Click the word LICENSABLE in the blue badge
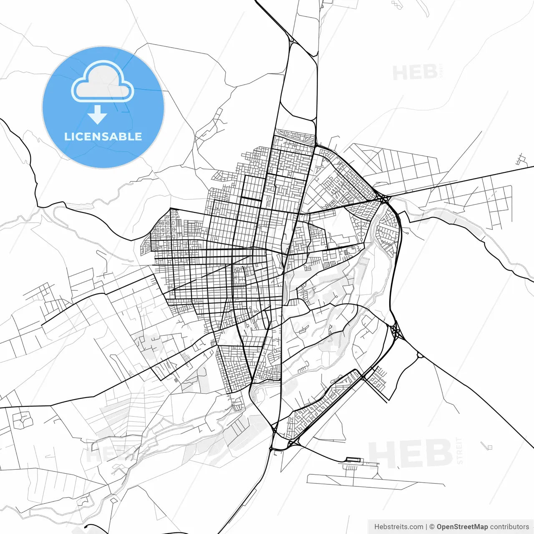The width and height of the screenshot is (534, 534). click(103, 136)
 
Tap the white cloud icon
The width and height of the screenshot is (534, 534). click(103, 82)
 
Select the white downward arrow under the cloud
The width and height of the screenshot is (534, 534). click(98, 114)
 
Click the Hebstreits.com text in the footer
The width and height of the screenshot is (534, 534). click(398, 527)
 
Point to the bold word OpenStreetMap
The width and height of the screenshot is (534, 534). click(462, 527)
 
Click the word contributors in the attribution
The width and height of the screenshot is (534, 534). click(509, 527)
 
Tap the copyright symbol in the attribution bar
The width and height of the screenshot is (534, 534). click(432, 527)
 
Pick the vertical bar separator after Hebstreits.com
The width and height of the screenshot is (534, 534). click(426, 527)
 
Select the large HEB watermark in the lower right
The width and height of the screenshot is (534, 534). click(411, 453)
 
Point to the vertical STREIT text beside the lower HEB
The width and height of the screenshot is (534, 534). click(460, 451)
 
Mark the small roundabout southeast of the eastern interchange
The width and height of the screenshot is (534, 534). click(419, 356)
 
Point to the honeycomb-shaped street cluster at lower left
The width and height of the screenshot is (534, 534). click(22, 420)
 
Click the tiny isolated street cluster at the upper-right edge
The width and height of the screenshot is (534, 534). click(520, 159)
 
